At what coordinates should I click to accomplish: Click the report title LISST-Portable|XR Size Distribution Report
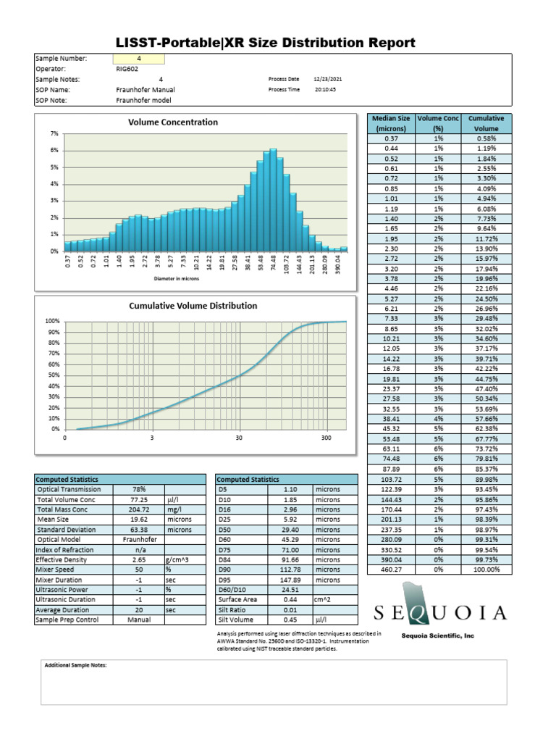(x=265, y=43)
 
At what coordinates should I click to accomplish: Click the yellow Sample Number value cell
(x=139, y=59)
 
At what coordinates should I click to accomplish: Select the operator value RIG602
(x=127, y=69)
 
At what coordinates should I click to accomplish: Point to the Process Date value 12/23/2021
(x=327, y=79)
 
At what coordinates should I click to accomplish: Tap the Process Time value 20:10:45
(x=325, y=90)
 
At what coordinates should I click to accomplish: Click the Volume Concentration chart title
(x=173, y=122)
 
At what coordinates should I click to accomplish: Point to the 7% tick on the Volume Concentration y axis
(x=54, y=134)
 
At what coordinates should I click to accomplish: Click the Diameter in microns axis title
(x=176, y=278)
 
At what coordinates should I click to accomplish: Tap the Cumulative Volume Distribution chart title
(x=193, y=306)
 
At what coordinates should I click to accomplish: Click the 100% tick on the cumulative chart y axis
(x=52, y=321)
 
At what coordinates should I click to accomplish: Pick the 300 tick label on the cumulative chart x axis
(x=326, y=438)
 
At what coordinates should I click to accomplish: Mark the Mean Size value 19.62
(x=138, y=520)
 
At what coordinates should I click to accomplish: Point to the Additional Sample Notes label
(x=75, y=665)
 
